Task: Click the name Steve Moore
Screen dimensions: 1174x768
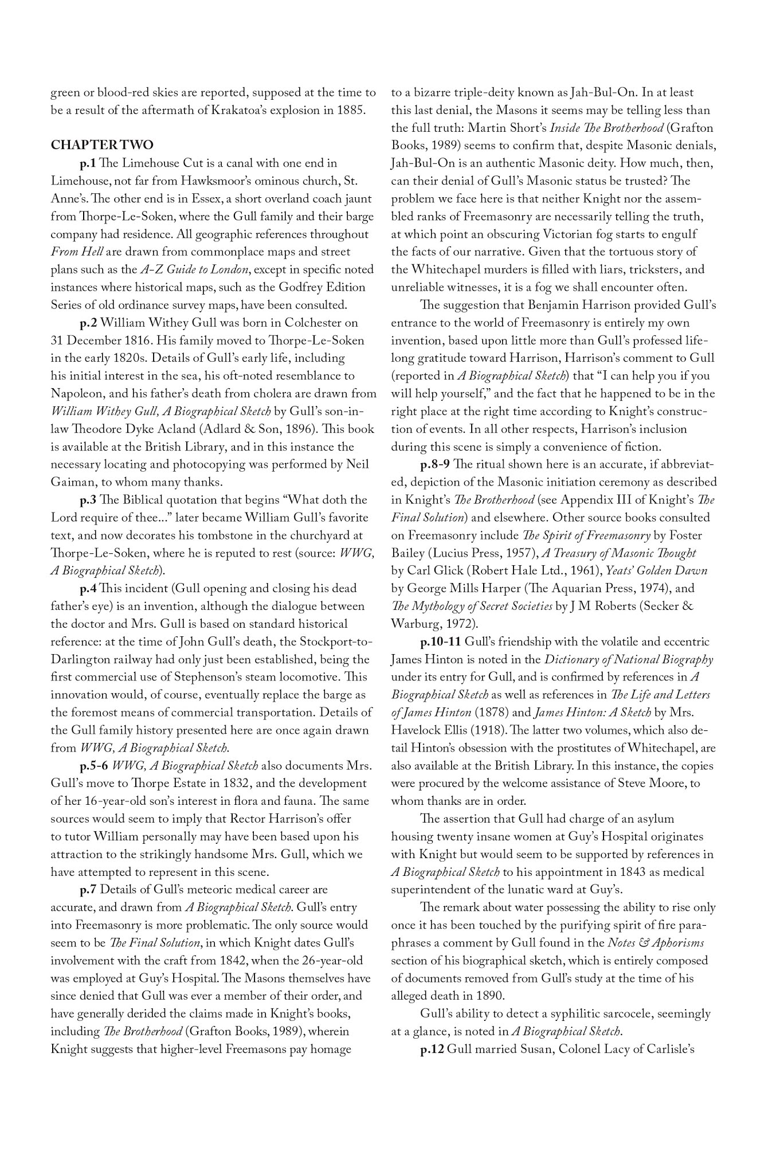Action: (648, 784)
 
